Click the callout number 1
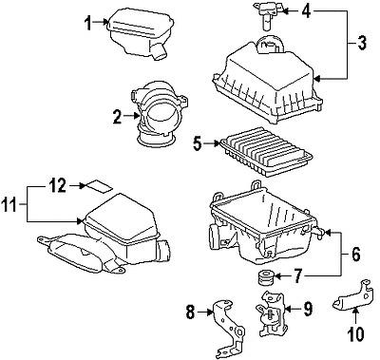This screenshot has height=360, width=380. (x=90, y=24)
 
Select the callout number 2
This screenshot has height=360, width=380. (x=116, y=118)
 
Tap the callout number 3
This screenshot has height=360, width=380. (x=362, y=43)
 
